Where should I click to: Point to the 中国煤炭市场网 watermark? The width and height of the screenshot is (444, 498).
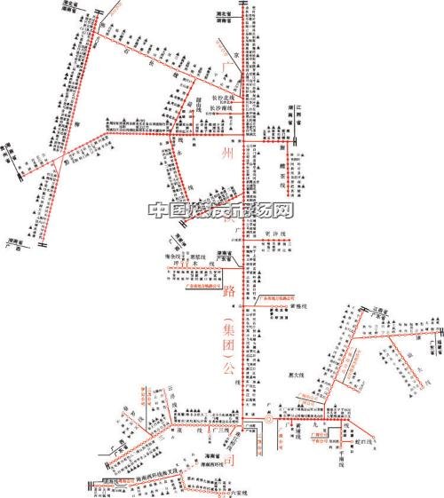(x=221, y=210)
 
